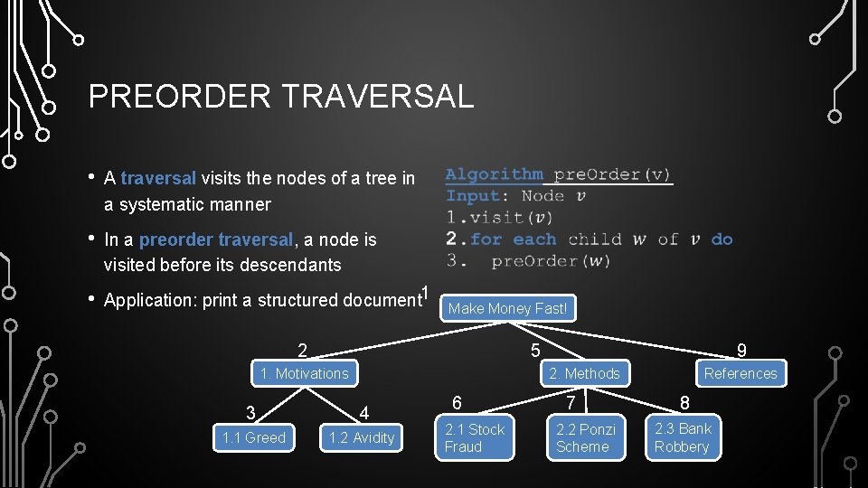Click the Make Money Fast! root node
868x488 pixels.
tap(507, 308)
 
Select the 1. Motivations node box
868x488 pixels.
tap(304, 373)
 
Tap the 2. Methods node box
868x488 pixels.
tap(584, 373)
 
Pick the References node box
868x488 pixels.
tap(740, 373)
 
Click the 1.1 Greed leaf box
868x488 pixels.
tap(253, 438)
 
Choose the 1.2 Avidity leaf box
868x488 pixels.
tap(362, 438)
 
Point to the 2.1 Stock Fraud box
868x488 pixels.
tap(475, 437)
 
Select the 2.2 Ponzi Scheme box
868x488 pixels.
tap(585, 437)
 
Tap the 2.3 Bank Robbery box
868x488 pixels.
tap(683, 437)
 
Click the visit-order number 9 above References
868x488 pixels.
tap(741, 351)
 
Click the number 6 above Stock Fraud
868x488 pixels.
tap(458, 404)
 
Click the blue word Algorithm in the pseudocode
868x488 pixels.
tap(494, 174)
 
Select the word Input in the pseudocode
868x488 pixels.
tap(473, 196)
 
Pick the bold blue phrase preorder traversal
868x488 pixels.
tap(216, 239)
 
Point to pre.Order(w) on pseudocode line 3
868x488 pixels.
tap(551, 261)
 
